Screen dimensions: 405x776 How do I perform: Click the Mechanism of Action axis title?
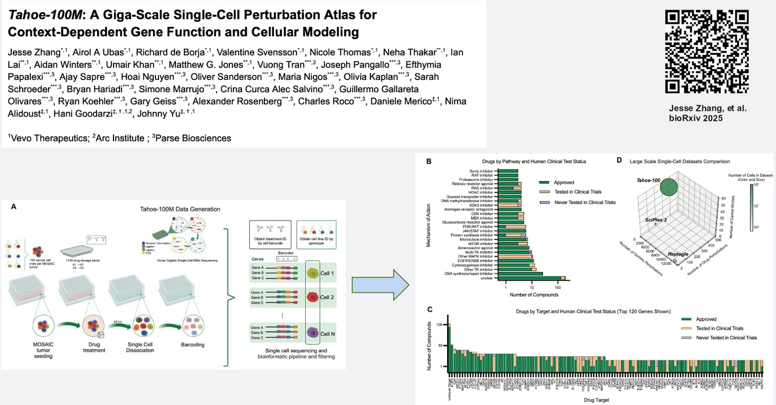click(429, 223)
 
